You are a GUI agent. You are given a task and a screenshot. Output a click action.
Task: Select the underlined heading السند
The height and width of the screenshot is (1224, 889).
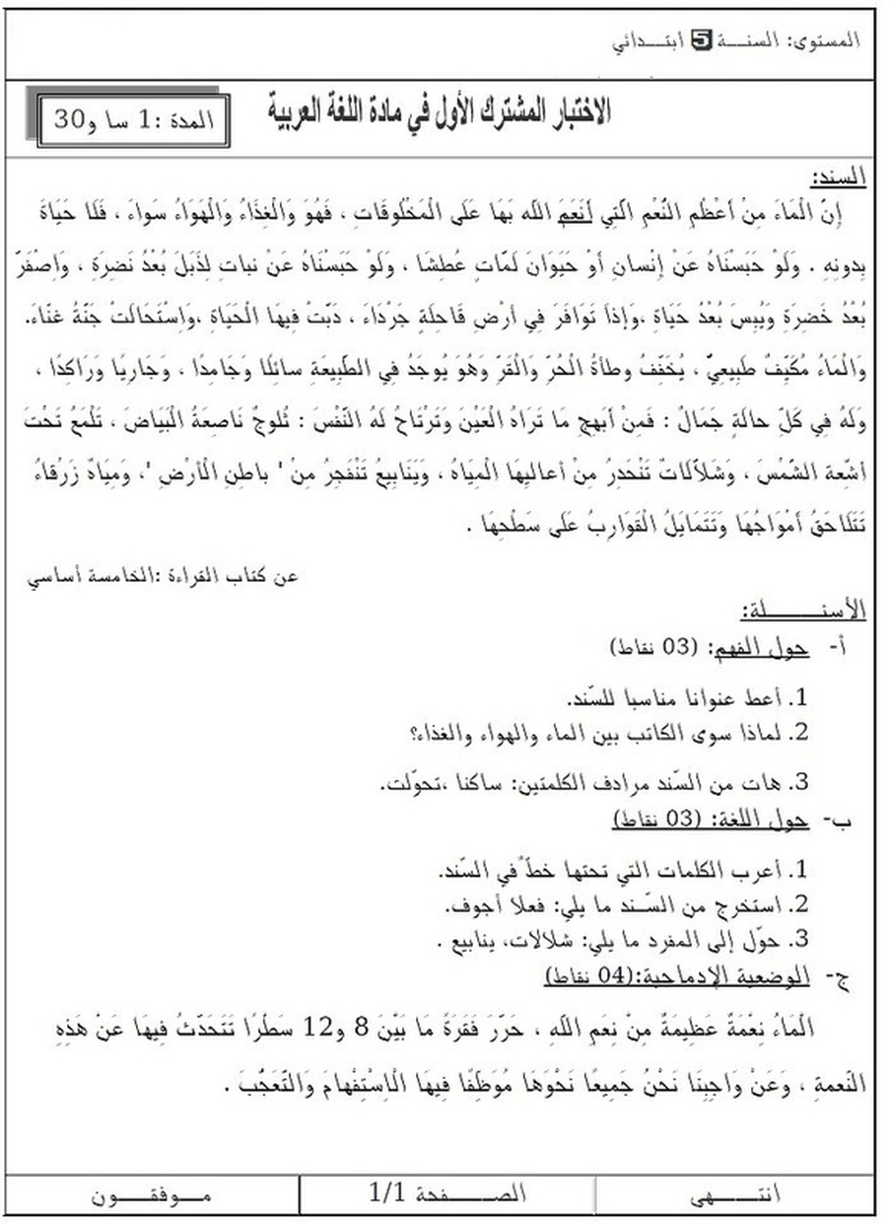838,178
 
